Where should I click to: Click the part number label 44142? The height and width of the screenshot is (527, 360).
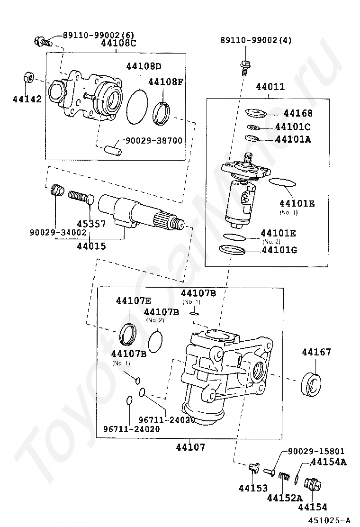27,99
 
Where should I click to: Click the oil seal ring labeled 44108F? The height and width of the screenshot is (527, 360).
162,114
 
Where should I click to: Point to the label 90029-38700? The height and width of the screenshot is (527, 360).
154,140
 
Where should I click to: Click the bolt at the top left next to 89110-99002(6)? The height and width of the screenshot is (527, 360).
43,42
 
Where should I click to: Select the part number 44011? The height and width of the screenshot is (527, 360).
270,87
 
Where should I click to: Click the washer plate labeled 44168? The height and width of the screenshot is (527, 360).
255,112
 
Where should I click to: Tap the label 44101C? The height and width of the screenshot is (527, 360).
293,127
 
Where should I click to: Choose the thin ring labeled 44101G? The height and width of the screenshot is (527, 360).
232,250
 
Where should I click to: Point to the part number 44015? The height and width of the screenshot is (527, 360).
91,246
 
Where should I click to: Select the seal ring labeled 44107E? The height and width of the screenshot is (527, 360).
128,334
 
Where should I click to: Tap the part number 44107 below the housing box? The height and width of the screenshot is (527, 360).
190,447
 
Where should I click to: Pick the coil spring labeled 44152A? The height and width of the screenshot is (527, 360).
284,477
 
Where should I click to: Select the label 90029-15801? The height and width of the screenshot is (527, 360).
316,451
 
